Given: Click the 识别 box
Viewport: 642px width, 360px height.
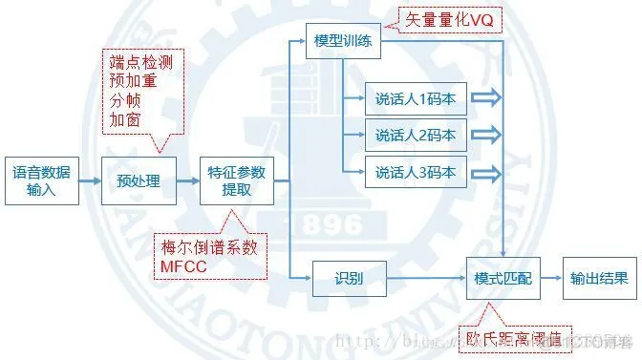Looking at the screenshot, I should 347,279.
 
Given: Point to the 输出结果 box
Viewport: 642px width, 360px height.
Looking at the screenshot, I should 599,279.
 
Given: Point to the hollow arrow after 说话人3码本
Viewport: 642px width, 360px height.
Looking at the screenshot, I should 486,173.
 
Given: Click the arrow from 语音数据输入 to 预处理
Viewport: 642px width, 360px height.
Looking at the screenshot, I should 86,181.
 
